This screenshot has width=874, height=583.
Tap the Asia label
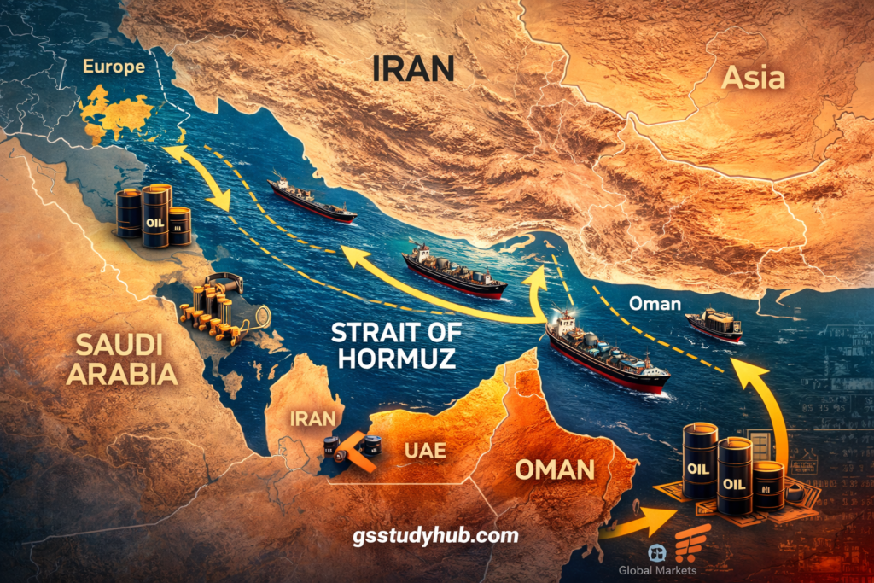tap(753, 78)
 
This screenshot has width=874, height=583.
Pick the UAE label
tap(423, 451)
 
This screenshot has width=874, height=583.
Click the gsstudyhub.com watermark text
tap(435, 536)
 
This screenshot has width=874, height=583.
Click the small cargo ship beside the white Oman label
tap(714, 325)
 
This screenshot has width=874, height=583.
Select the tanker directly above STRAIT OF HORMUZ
tap(453, 271)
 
